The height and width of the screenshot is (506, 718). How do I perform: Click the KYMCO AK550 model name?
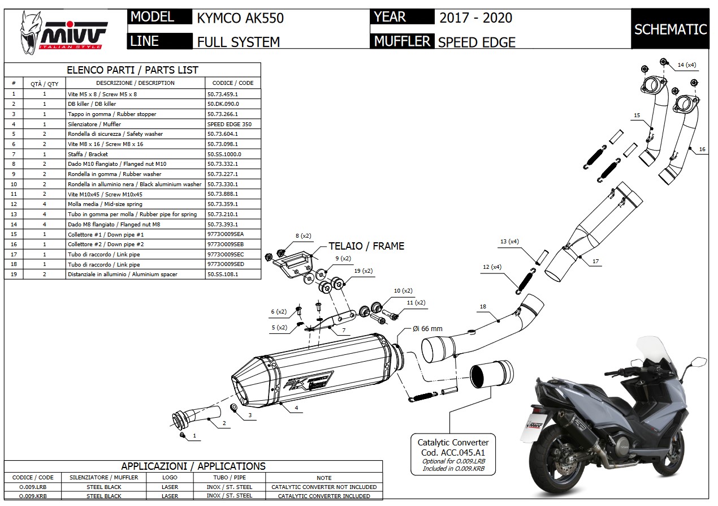click(240, 18)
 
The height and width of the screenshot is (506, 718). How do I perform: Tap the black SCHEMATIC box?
click(671, 29)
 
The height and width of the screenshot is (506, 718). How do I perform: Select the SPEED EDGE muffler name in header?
click(477, 42)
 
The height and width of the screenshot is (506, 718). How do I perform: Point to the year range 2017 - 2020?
click(475, 18)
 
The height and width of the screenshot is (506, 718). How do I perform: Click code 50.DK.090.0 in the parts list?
click(223, 104)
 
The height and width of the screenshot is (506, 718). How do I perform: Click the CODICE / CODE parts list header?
click(233, 83)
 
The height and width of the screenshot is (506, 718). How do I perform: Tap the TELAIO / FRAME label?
click(366, 246)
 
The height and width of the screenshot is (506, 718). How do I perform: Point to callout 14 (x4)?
click(687, 65)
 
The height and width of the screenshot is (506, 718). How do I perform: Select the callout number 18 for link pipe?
click(482, 307)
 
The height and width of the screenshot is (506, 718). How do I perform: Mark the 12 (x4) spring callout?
click(492, 267)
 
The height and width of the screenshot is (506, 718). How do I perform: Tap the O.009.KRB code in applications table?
click(33, 496)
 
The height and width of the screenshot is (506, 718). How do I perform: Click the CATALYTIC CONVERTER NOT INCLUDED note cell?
click(324, 487)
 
